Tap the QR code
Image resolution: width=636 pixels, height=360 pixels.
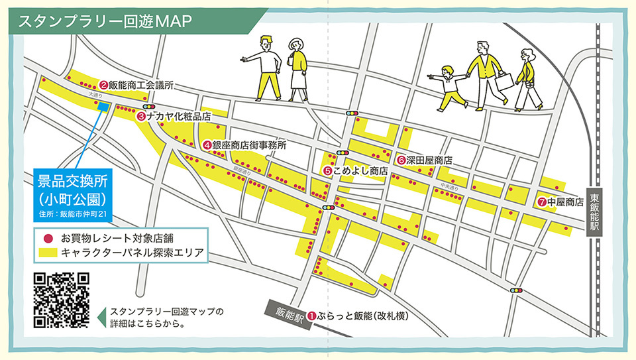click(x=61, y=300)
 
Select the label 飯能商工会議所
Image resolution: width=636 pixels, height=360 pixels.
click(x=141, y=85)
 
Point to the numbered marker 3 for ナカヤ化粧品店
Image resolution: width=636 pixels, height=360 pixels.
click(x=141, y=116)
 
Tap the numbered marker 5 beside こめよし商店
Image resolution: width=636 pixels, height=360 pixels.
click(x=327, y=170)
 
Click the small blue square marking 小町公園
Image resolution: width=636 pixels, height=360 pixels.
click(x=103, y=107)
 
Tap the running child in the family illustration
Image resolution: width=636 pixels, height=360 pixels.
click(x=451, y=88)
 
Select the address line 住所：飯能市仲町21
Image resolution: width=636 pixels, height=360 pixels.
click(x=73, y=213)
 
